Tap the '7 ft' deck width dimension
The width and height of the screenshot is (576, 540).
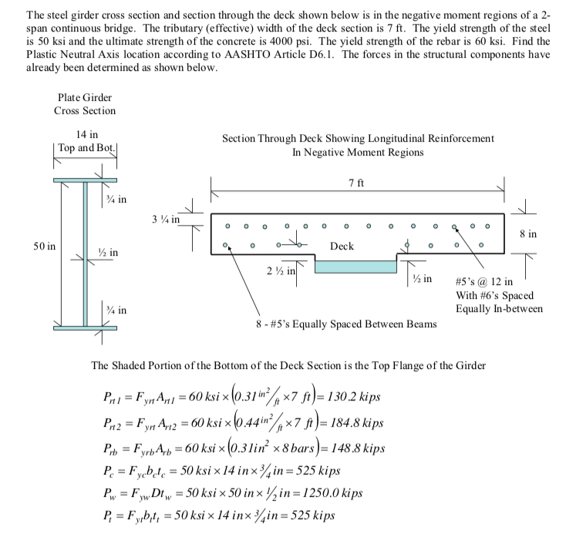click(x=356, y=183)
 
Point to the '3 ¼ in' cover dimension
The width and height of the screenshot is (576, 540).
click(x=165, y=219)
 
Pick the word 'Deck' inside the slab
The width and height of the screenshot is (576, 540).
click(x=341, y=246)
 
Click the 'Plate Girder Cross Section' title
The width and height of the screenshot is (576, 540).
click(x=85, y=104)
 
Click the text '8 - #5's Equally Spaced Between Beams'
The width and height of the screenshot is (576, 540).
click(x=346, y=324)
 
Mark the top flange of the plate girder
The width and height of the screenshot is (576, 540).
click(x=85, y=180)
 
